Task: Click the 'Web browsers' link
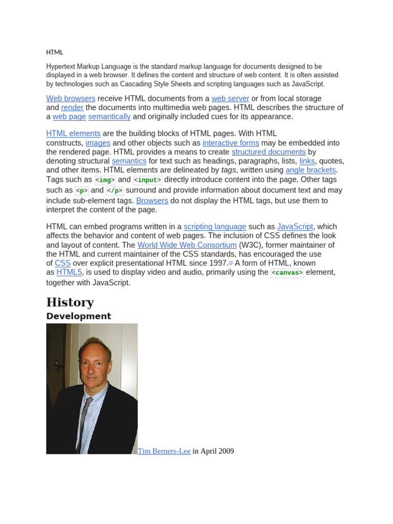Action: (x=71, y=98)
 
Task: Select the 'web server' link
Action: (x=230, y=98)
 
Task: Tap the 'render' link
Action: (x=72, y=107)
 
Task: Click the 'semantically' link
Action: (x=109, y=117)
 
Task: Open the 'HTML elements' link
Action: (x=73, y=134)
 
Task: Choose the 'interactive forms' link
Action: (x=231, y=143)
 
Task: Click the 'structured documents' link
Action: (x=269, y=152)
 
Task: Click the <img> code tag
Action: (x=105, y=180)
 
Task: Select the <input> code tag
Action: (x=147, y=180)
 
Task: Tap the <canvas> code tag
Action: (x=287, y=273)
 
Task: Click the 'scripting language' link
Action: (x=215, y=227)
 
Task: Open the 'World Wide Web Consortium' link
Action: (x=187, y=245)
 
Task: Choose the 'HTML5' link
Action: (x=69, y=272)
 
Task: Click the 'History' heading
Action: (x=70, y=302)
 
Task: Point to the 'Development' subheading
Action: (x=78, y=316)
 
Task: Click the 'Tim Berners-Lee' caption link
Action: (x=164, y=451)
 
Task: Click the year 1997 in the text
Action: (x=217, y=263)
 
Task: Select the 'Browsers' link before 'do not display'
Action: (x=152, y=201)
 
